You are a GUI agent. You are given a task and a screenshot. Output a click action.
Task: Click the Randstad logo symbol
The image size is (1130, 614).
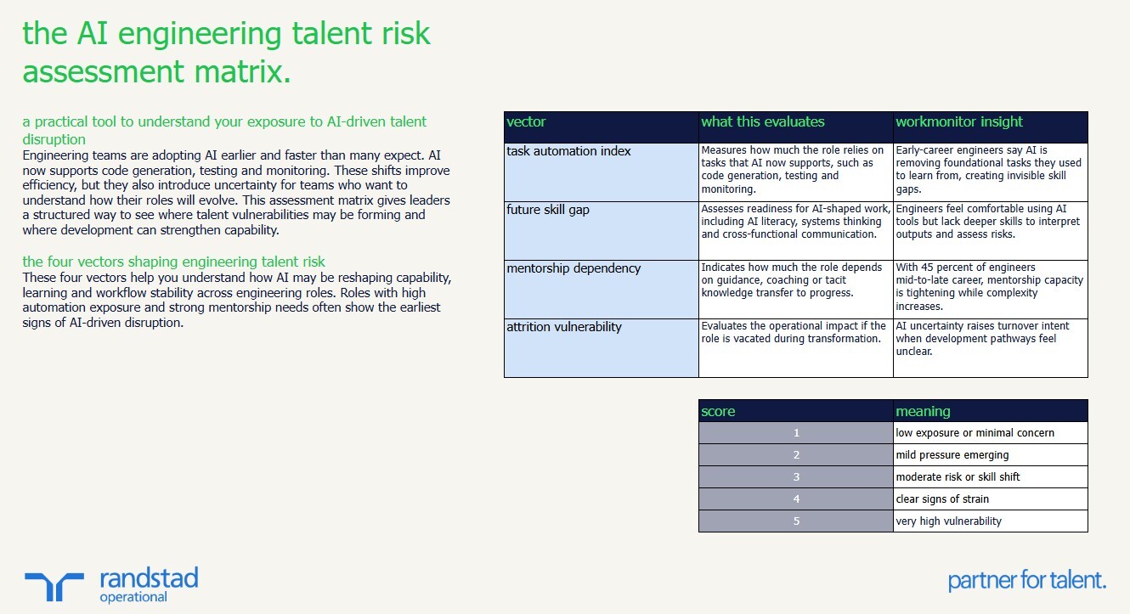(54, 587)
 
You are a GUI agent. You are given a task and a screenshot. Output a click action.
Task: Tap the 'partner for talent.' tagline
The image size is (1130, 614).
(1026, 581)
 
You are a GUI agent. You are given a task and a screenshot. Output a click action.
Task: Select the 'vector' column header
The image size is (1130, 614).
(526, 122)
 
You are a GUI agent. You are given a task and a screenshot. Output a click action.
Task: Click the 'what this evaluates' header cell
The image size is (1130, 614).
(762, 122)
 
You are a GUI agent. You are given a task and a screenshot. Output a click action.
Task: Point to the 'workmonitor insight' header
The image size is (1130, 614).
(958, 122)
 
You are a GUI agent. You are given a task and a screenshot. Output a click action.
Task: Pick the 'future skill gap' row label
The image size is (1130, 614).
(547, 210)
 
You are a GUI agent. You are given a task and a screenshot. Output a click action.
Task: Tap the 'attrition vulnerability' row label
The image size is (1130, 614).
(563, 327)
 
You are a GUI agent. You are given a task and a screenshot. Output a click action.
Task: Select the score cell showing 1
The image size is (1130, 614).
(796, 433)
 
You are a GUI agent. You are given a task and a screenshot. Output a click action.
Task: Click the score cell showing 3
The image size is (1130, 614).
(796, 477)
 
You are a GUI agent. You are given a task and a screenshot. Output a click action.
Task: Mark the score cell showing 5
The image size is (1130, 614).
(796, 521)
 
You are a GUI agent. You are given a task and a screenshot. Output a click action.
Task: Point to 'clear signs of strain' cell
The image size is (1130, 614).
(942, 499)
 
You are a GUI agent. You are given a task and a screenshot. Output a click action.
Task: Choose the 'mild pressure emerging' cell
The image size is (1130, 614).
(952, 455)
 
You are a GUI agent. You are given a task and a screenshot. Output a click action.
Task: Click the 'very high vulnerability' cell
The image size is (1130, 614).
(948, 521)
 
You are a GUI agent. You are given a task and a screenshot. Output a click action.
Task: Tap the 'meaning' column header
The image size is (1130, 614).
(923, 412)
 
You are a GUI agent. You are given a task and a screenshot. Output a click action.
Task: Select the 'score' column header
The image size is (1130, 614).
(718, 412)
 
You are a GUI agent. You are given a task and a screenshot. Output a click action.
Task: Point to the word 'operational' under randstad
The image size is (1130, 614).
(133, 597)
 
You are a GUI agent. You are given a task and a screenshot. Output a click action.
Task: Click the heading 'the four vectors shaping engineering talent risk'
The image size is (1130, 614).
(173, 262)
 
